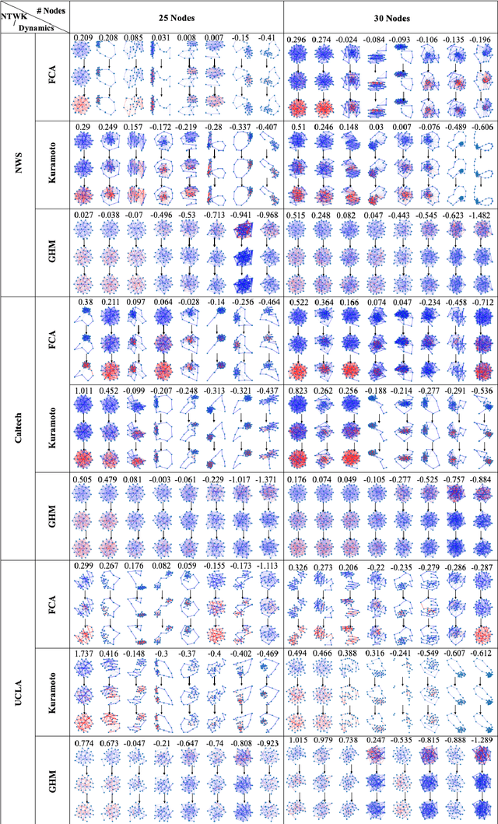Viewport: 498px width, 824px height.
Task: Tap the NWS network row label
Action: tap(17, 165)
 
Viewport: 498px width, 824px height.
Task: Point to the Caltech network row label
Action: tap(17, 426)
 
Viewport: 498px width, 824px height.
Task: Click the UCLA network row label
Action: tap(17, 688)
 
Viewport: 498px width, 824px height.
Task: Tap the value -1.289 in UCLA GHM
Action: tap(480, 742)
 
